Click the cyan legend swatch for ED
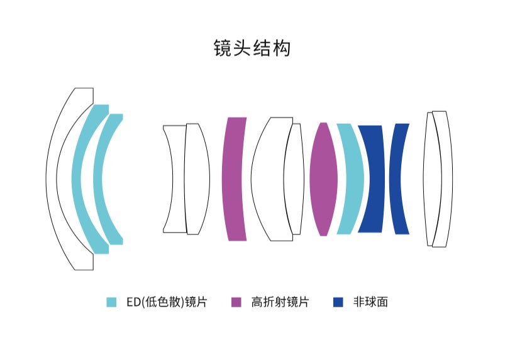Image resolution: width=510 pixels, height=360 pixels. tap(112, 302)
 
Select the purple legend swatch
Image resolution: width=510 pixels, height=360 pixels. tap(236, 302)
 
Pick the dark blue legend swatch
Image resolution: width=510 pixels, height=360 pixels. tap(338, 302)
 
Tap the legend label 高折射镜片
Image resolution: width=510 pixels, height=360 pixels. tap(280, 302)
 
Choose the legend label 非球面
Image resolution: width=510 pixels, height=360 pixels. tap(370, 302)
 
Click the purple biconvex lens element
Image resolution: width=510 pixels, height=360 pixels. tap(323, 179)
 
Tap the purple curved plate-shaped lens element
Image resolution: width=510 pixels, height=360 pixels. tap(235, 179)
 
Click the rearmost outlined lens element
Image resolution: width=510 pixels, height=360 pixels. tap(442, 179)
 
